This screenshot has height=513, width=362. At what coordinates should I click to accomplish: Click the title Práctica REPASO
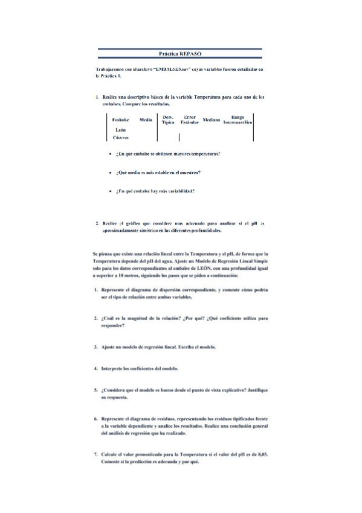tap(180, 54)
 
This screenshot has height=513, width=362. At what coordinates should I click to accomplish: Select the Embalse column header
tap(121, 120)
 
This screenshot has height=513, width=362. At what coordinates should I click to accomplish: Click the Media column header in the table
tap(146, 120)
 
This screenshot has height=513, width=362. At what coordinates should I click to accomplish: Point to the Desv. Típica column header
tap(168, 120)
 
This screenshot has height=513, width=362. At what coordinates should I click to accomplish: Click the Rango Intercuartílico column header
tap(238, 120)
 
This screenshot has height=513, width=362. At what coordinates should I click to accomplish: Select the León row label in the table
tap(120, 130)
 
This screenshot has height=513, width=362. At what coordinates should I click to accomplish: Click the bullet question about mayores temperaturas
tap(168, 154)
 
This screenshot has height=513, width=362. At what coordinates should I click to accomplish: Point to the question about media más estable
tap(158, 172)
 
